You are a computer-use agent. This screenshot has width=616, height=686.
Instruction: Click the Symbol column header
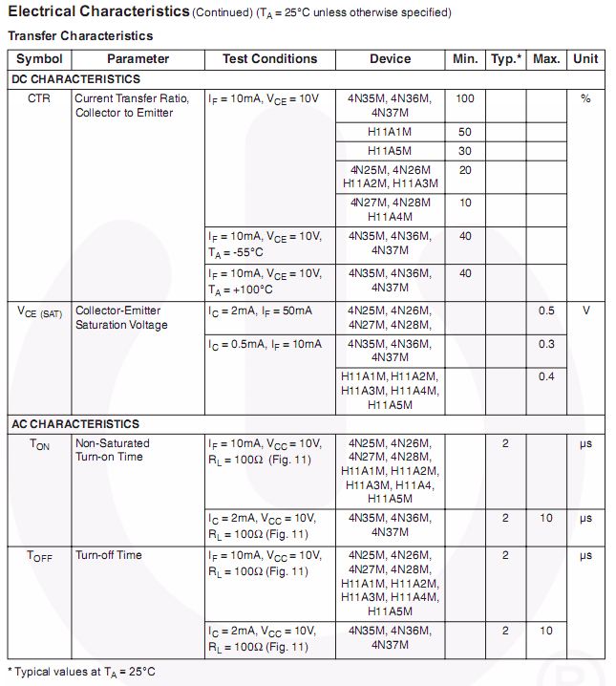point(39,59)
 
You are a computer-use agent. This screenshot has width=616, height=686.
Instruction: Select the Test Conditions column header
point(269,59)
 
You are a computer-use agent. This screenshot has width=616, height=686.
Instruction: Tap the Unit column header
point(585,59)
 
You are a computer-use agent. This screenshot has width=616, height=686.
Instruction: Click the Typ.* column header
point(506,59)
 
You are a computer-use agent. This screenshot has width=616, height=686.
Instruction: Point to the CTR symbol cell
point(39,99)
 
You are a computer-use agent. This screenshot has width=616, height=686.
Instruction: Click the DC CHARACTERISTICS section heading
point(75,79)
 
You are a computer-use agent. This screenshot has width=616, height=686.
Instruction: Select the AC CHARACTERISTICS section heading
point(75,423)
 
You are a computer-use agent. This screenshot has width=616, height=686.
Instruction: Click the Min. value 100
point(465,99)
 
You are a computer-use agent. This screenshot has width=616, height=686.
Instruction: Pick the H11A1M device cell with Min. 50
point(390,132)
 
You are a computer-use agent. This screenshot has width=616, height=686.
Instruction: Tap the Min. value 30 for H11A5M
point(465,151)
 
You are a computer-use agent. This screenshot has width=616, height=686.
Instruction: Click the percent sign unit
point(585,99)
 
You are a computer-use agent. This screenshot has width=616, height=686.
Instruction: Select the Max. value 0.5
point(545,311)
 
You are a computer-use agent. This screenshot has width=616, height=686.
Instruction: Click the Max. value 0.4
point(545,376)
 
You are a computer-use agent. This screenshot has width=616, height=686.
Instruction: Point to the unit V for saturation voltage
point(585,311)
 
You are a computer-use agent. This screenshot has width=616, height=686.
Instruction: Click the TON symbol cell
point(39,444)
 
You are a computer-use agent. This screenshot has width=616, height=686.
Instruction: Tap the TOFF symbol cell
point(40,556)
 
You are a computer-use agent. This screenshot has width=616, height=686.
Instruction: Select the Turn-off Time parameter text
point(109,555)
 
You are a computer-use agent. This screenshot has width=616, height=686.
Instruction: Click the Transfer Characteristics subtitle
point(80,35)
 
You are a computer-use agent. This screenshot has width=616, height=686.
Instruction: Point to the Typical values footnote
point(81,672)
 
